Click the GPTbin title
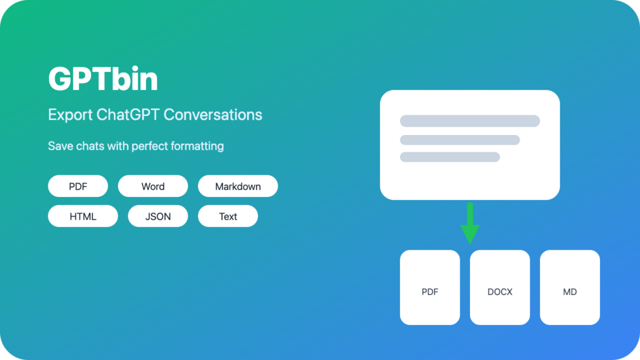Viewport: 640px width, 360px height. click(103, 79)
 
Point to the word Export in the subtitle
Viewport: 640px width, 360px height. click(69, 115)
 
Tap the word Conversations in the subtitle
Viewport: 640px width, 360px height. click(213, 115)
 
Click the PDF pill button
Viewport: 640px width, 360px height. click(78, 186)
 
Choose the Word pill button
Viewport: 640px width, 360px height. click(153, 186)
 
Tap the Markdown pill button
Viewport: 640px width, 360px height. click(238, 186)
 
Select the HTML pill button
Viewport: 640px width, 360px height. click(83, 217)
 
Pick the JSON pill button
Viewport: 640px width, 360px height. click(158, 217)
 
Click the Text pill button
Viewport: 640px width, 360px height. click(228, 217)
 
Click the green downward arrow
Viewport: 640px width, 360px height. click(470, 224)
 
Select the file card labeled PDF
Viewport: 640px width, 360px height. click(430, 287)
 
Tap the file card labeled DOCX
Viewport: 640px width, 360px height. click(500, 287)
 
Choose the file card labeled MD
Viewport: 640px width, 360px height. click(570, 287)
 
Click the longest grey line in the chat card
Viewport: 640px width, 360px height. click(470, 121)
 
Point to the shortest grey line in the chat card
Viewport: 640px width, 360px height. click(450, 157)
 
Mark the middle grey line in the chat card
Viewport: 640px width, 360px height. click(460, 140)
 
